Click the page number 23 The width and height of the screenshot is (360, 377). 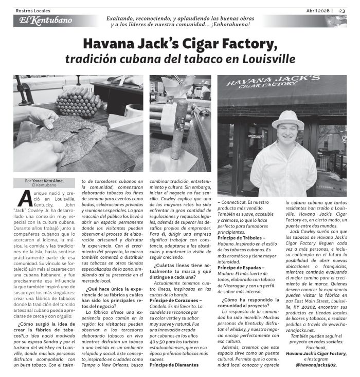click(342, 10)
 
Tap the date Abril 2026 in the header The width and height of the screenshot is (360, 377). click(317, 10)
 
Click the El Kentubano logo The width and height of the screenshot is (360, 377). click(43, 21)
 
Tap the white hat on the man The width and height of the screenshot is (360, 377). click(287, 120)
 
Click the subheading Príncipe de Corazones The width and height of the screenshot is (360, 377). click(175, 300)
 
